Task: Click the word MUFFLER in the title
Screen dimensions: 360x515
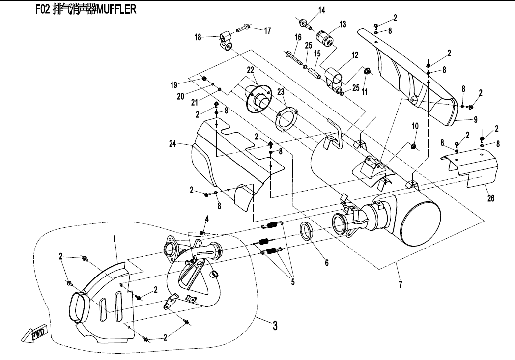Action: [116, 9]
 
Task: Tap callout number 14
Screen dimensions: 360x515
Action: [321, 10]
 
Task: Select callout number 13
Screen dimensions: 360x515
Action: [343, 24]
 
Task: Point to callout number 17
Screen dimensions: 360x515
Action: [267, 30]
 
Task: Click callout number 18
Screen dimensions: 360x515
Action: [198, 37]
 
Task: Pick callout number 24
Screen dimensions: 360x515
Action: [172, 144]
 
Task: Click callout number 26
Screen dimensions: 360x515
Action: [491, 198]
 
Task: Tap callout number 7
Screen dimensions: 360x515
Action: [401, 285]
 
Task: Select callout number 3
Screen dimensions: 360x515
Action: [275, 325]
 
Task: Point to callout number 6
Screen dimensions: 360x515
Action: [327, 262]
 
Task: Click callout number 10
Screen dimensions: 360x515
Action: [415, 126]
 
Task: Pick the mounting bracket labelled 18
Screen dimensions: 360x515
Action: [227, 41]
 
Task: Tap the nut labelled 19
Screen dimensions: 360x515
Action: [203, 79]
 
